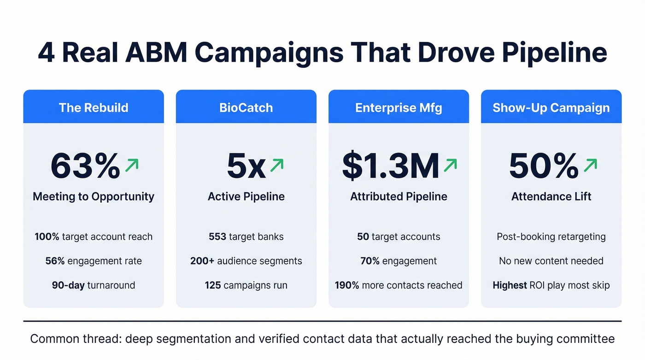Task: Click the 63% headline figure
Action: tap(85, 166)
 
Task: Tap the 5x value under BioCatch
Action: tap(246, 166)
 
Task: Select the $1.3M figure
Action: tap(390, 166)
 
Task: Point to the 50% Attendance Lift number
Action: tap(544, 166)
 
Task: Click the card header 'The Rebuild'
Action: tap(94, 108)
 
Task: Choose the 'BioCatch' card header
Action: tap(246, 108)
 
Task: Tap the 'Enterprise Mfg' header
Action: tap(399, 108)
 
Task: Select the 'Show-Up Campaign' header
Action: tap(551, 108)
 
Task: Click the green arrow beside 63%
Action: tap(132, 165)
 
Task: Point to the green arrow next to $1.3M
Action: tap(450, 165)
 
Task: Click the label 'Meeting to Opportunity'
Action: tap(94, 196)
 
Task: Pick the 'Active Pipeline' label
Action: tap(246, 196)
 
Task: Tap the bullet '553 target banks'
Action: tap(246, 237)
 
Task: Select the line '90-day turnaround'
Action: tap(94, 285)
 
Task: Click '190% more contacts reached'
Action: tap(399, 285)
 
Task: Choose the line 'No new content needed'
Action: tap(551, 261)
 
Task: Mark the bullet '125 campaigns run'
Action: tap(246, 285)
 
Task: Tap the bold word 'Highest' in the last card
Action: tap(510, 285)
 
